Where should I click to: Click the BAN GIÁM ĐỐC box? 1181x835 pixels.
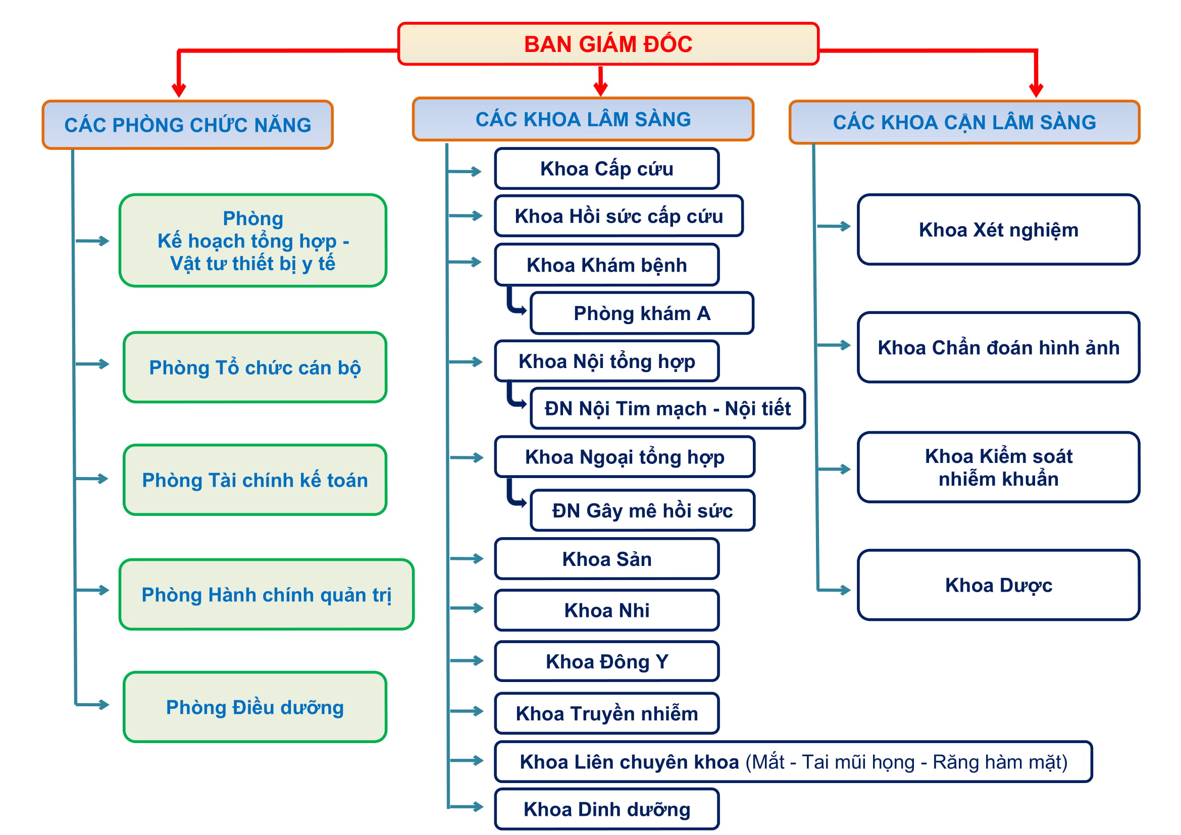(608, 44)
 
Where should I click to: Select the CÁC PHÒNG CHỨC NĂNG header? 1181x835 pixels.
(188, 125)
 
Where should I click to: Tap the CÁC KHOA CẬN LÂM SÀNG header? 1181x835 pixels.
(964, 122)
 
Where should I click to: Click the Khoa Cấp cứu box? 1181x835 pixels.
(606, 169)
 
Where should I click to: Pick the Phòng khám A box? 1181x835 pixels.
(641, 313)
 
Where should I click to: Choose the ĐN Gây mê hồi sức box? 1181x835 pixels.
(642, 510)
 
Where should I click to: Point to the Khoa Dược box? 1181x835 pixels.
(998, 585)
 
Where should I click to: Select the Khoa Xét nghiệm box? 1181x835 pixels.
(998, 230)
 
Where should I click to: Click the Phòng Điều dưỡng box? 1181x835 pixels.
(254, 707)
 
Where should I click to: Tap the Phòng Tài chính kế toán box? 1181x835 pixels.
(254, 480)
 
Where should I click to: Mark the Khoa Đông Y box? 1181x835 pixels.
(606, 661)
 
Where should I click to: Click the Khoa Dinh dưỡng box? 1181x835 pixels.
(606, 809)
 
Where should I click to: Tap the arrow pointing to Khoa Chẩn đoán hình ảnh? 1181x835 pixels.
(834, 345)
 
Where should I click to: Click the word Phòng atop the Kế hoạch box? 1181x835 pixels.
(252, 219)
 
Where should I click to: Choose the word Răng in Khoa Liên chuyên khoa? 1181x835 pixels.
(951, 762)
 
